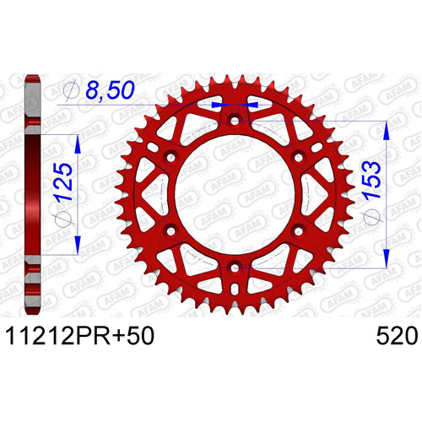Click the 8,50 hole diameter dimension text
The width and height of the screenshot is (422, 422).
pyautogui.click(x=110, y=89)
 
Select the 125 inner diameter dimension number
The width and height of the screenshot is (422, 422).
pyautogui.click(x=63, y=181)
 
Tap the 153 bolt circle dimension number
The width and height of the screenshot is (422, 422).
pyautogui.click(x=371, y=181)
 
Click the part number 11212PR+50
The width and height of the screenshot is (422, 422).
pyautogui.click(x=80, y=336)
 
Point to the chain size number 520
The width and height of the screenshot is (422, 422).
pyautogui.click(x=397, y=336)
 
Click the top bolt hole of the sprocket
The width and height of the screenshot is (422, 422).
pyautogui.click(x=235, y=122)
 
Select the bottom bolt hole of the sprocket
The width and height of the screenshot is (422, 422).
pyautogui.click(x=235, y=268)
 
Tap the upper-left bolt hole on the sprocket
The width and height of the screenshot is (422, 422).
pyautogui.click(x=170, y=157)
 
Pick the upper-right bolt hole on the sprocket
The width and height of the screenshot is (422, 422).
pyautogui.click(x=299, y=157)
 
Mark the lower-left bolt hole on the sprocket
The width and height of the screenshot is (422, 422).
pyautogui.click(x=170, y=231)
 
